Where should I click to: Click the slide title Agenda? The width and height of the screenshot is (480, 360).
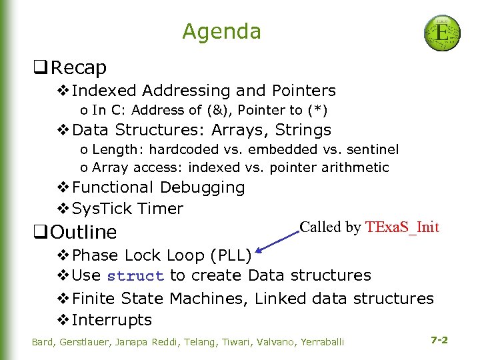point(221,31)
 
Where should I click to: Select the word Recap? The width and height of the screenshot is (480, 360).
point(79,67)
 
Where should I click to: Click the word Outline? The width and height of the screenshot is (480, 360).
point(83,232)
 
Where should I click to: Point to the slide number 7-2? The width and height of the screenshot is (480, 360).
point(439,340)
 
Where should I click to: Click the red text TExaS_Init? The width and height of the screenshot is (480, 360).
point(402,227)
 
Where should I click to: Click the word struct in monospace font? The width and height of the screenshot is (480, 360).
point(135,276)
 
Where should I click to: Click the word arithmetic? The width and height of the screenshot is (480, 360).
point(355,167)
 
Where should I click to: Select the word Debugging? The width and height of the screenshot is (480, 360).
point(203,188)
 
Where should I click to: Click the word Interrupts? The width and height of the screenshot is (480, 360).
point(112,320)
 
